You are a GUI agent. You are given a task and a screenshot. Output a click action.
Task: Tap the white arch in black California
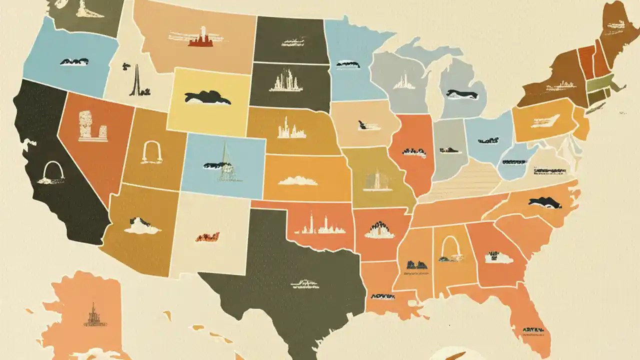(50, 173)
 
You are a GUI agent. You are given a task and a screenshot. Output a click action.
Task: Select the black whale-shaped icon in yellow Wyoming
(207, 98)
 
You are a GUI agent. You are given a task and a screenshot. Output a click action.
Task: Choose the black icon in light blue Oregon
(74, 61)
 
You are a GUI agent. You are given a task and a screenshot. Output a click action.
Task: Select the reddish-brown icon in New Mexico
(207, 236)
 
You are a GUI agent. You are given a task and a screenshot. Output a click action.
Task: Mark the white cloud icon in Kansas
(298, 180)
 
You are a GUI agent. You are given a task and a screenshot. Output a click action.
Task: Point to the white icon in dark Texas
(304, 284)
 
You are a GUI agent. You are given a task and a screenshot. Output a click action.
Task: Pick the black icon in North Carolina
(544, 202)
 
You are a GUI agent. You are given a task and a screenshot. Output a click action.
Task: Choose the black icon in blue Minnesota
(348, 64)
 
